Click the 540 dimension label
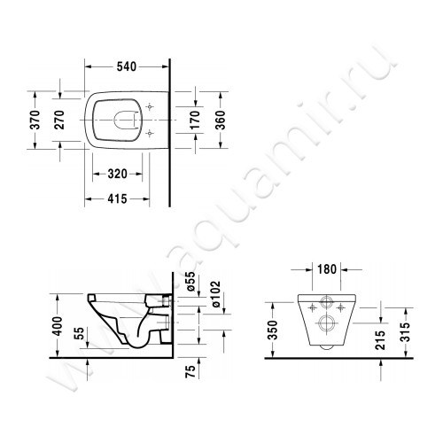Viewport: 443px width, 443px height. [x=127, y=67]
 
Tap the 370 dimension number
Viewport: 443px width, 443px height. [x=35, y=120]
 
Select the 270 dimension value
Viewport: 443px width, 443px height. [x=59, y=120]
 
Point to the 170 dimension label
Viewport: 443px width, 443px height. [x=195, y=120]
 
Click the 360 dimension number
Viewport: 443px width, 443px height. [x=220, y=120]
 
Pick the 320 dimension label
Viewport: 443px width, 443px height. [x=117, y=174]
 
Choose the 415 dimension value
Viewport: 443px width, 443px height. [x=117, y=198]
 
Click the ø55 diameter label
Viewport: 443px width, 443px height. [x=190, y=281]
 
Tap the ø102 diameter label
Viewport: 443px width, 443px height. [x=216, y=294]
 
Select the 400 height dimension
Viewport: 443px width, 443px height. [x=58, y=326]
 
